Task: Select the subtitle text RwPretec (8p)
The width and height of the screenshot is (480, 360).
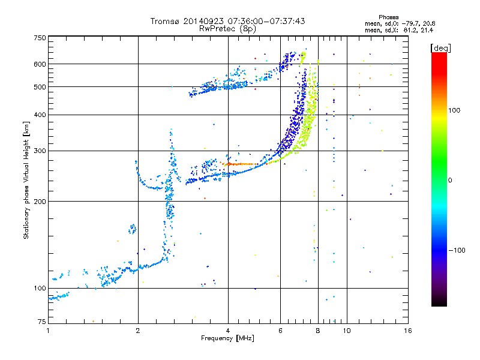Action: coord(227,29)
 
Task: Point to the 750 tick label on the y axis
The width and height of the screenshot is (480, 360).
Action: coord(40,38)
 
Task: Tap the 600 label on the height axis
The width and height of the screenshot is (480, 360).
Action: coord(40,64)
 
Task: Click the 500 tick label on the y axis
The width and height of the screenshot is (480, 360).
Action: coord(40,86)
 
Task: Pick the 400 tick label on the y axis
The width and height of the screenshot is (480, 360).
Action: coord(40,115)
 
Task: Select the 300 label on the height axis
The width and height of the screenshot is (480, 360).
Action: coord(40,151)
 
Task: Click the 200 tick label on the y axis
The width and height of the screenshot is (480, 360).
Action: coord(40,201)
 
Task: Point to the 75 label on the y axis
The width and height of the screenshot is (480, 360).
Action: coord(42,322)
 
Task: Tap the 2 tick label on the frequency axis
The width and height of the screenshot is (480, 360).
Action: coord(138,331)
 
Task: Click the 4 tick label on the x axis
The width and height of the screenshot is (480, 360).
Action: coord(228,331)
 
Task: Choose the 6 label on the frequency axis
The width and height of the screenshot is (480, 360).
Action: coord(280,331)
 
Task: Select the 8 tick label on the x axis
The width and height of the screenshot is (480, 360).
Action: coord(318,331)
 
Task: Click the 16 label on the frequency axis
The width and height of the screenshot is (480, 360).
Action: coord(408,331)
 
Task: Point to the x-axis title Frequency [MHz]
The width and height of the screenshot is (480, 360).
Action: coord(227,338)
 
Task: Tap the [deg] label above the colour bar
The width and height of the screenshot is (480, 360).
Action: coord(440,48)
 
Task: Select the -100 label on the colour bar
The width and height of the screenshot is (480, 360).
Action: coord(457,250)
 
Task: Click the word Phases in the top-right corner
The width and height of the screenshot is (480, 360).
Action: coord(388,17)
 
